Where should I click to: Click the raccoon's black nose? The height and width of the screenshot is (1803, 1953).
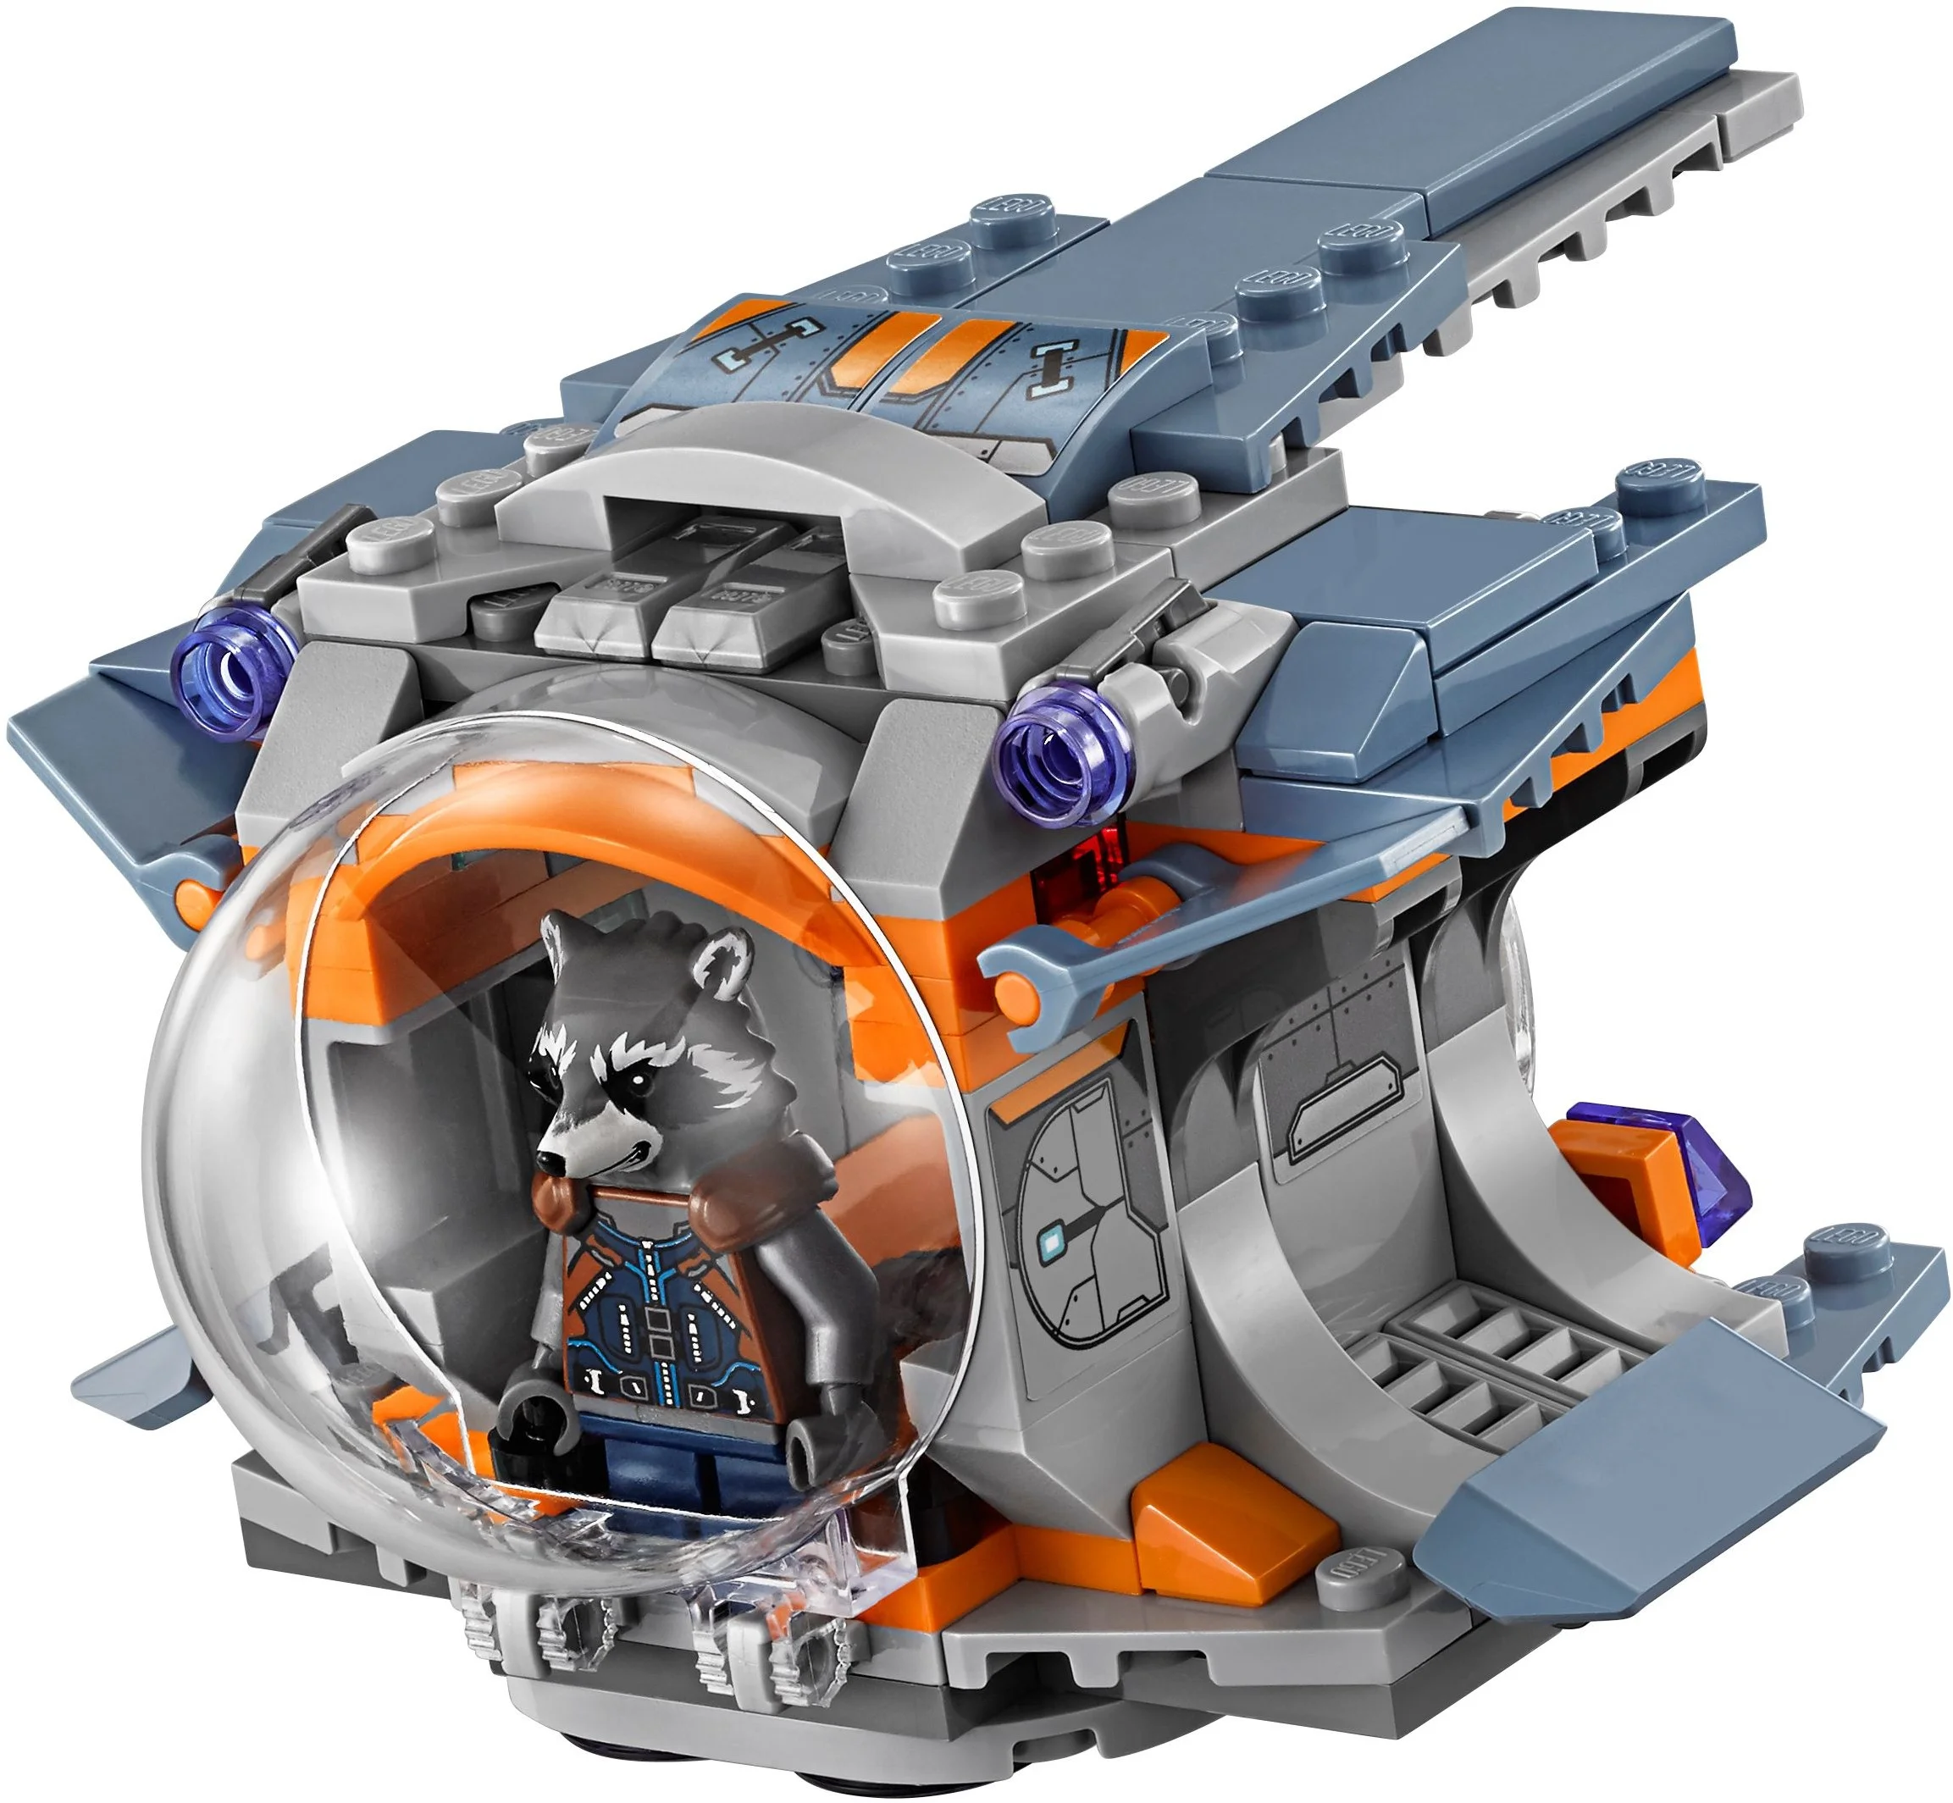(x=549, y=1162)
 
